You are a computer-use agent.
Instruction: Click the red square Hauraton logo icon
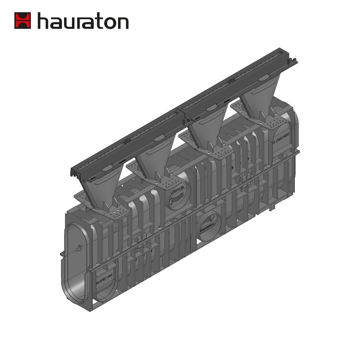(23, 20)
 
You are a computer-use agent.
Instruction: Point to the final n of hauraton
(123, 23)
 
